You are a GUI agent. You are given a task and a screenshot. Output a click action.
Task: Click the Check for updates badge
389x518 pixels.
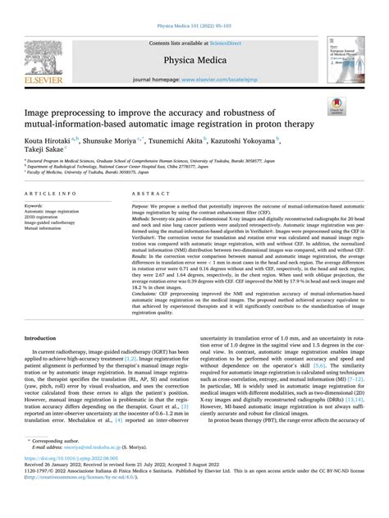(x=358, y=106)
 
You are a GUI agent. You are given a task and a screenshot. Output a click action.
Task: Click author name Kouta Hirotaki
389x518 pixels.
(x=53, y=141)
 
